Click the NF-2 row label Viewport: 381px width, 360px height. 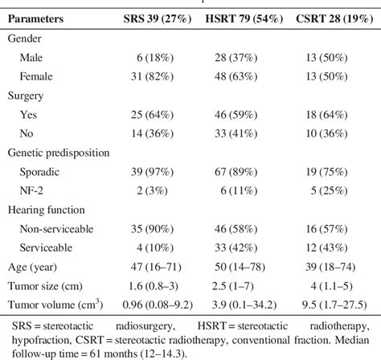(x=41, y=192)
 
